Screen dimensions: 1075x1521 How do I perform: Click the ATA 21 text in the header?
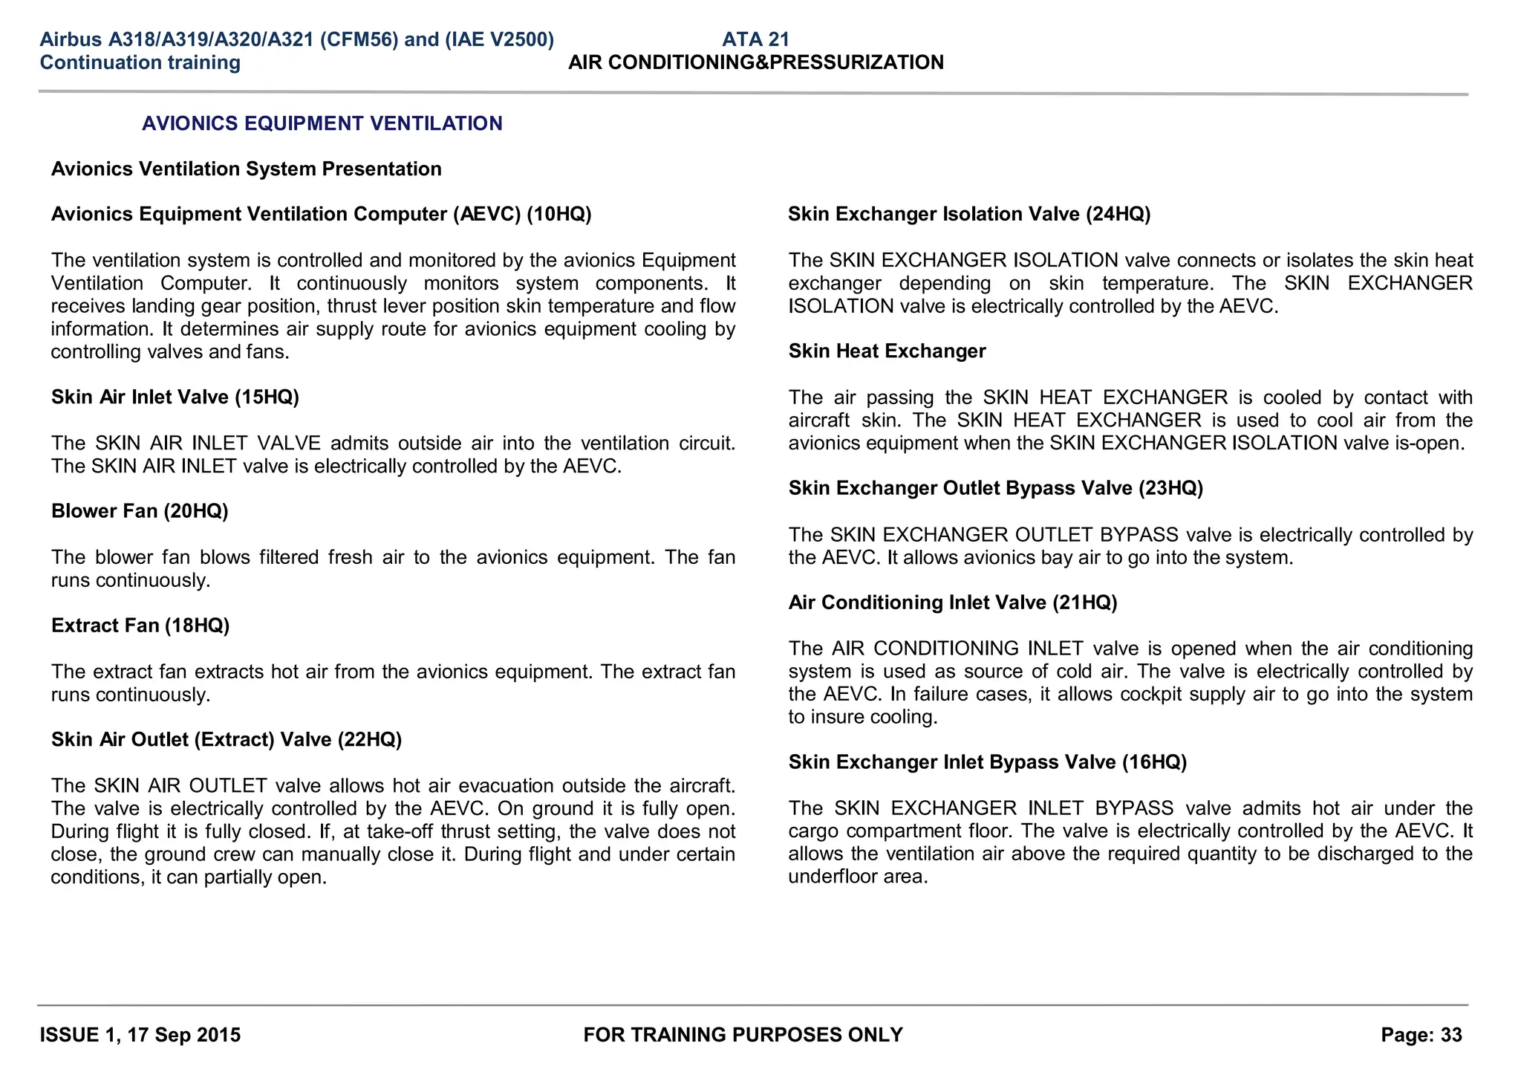click(x=755, y=39)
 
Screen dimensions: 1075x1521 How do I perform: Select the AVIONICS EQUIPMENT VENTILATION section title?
click(x=322, y=123)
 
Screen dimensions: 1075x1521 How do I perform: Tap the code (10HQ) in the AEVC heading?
click(x=558, y=214)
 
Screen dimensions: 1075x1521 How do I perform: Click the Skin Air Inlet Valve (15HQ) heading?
click(x=175, y=397)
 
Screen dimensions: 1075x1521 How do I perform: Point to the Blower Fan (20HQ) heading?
click(x=140, y=511)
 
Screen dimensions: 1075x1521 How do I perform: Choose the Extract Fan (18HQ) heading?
click(x=140, y=626)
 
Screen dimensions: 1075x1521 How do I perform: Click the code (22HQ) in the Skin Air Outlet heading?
click(x=369, y=740)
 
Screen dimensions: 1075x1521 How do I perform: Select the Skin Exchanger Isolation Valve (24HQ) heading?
click(x=968, y=214)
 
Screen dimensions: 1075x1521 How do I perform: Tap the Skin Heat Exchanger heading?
click(x=887, y=351)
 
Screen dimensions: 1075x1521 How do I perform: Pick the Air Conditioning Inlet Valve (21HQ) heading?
click(x=952, y=603)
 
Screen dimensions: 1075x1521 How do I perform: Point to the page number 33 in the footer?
click(x=1450, y=1035)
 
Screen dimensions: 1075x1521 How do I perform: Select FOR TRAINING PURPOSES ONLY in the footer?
click(x=743, y=1035)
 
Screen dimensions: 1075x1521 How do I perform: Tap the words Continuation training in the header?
click(x=140, y=62)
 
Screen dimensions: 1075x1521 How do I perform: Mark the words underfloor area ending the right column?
click(x=858, y=877)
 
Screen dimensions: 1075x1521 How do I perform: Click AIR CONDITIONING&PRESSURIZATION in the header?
click(x=755, y=62)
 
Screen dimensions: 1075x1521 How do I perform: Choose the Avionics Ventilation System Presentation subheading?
click(x=246, y=169)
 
